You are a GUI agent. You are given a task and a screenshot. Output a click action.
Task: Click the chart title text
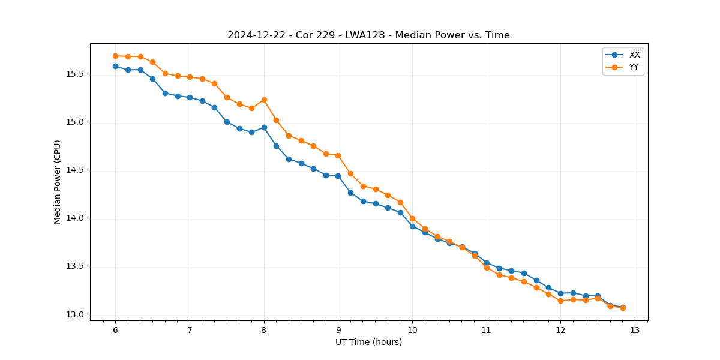pos(368,35)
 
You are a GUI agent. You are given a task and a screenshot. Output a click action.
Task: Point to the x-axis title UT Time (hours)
pos(368,343)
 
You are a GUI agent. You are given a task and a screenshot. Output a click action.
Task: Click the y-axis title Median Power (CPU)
pos(58,182)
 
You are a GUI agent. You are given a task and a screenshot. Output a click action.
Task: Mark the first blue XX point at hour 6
pos(115,66)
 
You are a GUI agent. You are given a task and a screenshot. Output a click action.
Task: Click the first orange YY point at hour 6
pos(115,56)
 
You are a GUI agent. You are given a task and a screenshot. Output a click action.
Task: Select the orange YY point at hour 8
pos(264,100)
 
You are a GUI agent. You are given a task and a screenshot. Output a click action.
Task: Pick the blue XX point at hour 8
pos(264,127)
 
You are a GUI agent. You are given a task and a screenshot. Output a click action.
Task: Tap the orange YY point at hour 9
pos(338,155)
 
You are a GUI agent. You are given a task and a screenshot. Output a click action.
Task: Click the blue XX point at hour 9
pos(338,176)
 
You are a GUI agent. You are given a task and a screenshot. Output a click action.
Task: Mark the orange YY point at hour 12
pos(560,301)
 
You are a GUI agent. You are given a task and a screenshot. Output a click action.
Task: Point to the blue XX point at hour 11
pos(487,263)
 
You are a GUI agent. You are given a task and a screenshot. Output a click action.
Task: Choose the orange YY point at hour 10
pos(412,218)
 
